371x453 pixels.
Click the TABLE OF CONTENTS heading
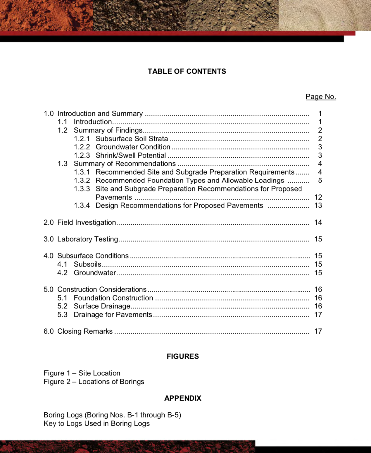[x=187, y=71]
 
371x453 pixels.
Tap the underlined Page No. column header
[x=321, y=97]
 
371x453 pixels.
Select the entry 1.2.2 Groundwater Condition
[x=133, y=147]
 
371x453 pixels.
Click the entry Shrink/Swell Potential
[x=131, y=155]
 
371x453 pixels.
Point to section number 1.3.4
[x=82, y=205]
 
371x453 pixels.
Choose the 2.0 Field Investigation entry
[x=87, y=222]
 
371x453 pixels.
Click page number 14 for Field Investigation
[x=318, y=222]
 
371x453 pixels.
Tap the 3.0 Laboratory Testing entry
[x=88, y=239]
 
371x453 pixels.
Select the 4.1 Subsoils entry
[x=87, y=264]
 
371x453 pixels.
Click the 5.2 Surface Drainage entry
[x=102, y=306]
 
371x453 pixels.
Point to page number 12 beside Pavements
[x=318, y=197]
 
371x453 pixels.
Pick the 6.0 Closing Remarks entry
[x=85, y=331]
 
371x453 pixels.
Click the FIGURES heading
[x=183, y=356]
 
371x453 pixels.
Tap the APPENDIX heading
[x=183, y=398]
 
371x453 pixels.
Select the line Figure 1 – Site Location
[x=82, y=373]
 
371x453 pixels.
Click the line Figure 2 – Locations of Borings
[x=94, y=382]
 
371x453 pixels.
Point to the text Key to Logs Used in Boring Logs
[x=96, y=423]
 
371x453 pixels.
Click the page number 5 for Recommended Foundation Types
[x=320, y=181]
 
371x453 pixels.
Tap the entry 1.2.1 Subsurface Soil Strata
[x=132, y=139]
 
